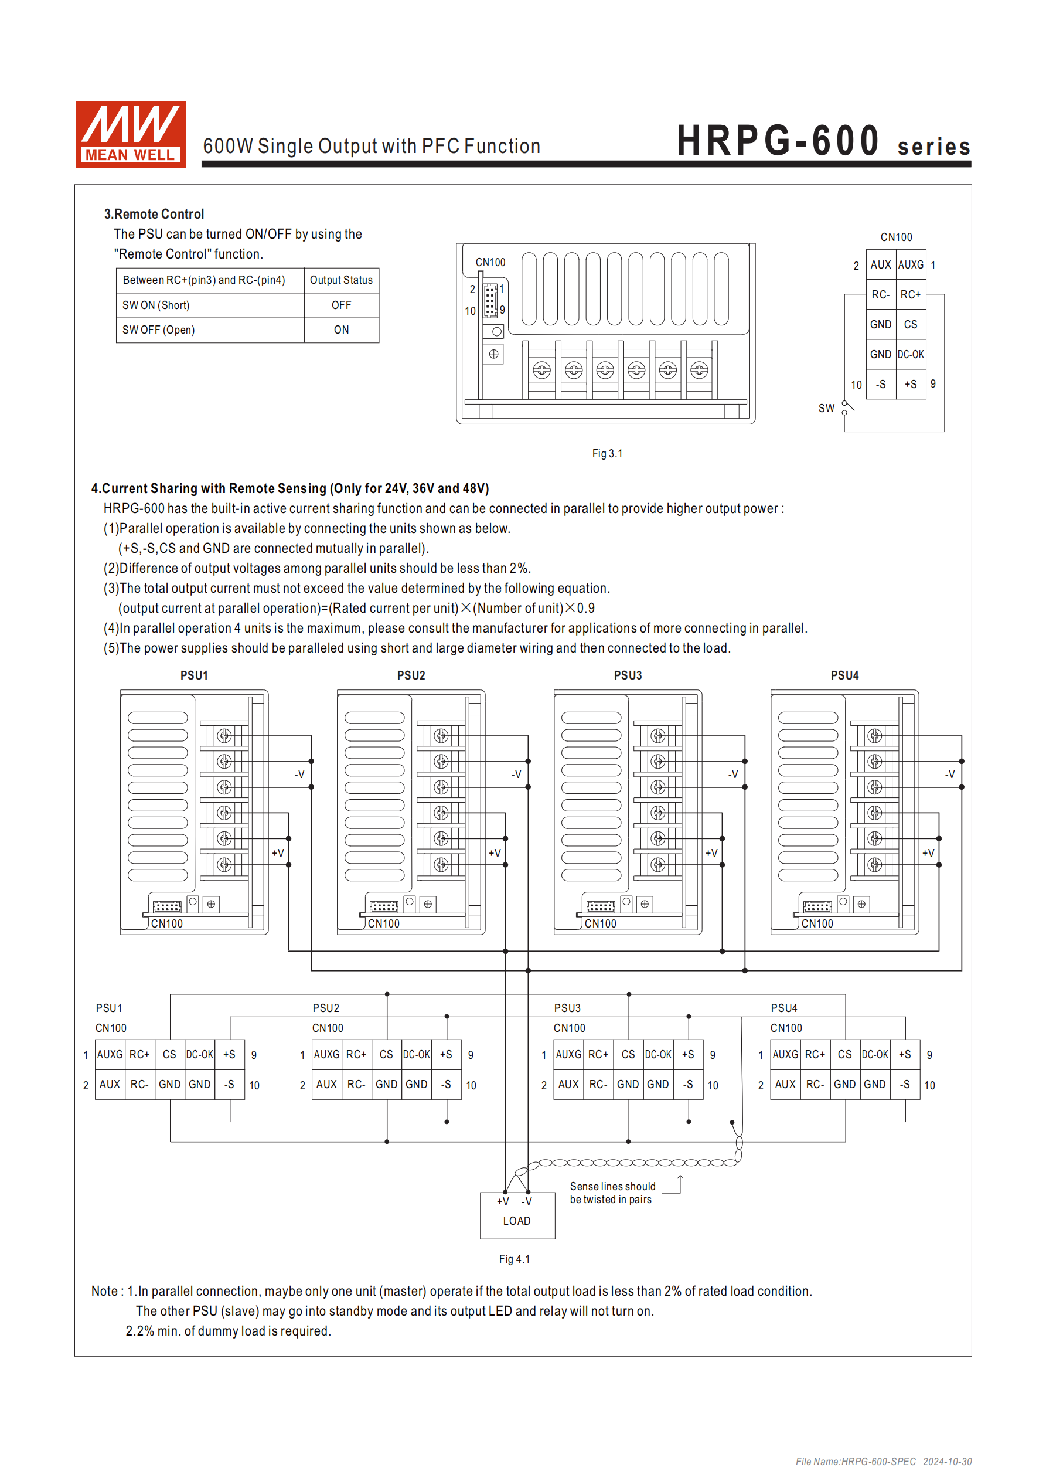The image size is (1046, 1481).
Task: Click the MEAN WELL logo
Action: (130, 134)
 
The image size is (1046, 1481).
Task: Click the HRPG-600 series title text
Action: (822, 141)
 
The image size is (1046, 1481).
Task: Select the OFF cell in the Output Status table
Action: (341, 305)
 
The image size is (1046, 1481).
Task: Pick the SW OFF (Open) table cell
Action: (210, 330)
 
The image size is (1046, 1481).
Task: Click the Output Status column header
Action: (341, 280)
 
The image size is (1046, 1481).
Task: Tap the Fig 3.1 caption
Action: (607, 453)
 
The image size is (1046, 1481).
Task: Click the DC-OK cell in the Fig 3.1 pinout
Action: (910, 354)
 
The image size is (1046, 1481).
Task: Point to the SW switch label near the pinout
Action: (826, 408)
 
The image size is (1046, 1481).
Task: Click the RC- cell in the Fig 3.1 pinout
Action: (880, 295)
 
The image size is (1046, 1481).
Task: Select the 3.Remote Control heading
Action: (154, 213)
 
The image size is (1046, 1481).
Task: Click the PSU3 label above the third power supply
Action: (628, 675)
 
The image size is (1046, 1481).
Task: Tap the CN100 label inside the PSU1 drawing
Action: (167, 923)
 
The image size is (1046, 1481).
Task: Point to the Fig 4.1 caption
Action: (514, 1259)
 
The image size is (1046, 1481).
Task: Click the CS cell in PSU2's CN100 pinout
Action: (386, 1054)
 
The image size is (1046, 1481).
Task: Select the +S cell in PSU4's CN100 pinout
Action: (905, 1054)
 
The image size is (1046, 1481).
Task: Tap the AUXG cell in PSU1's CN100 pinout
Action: (110, 1054)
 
